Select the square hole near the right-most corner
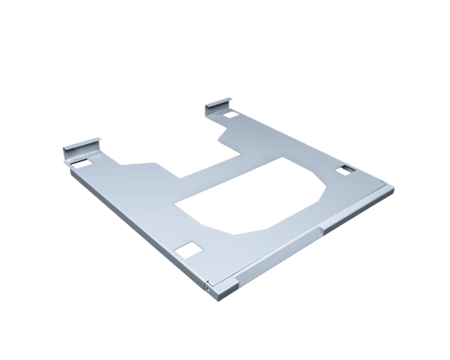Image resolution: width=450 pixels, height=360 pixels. click(344, 170)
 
